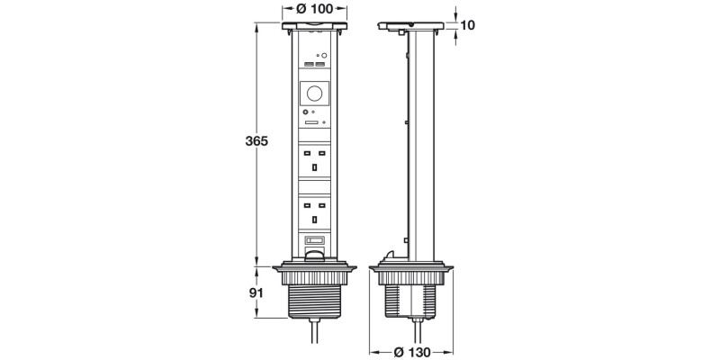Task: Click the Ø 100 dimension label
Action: (x=314, y=8)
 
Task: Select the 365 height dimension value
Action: (x=256, y=141)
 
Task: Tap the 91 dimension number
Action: (x=256, y=293)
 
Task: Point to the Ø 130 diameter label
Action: (x=412, y=352)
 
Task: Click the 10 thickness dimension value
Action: (x=467, y=26)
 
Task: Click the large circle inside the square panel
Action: (x=314, y=94)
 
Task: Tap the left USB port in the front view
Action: (x=309, y=63)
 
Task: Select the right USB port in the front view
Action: (x=320, y=63)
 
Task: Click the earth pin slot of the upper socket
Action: (x=314, y=167)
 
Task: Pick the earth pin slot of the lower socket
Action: (x=314, y=219)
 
